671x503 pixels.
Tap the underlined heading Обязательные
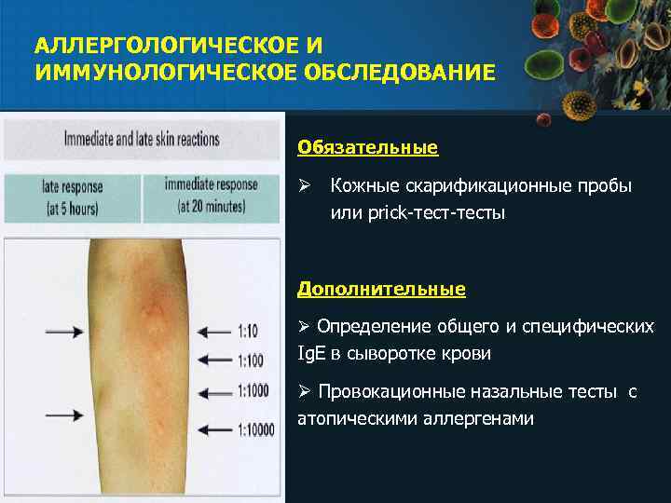coord(367,147)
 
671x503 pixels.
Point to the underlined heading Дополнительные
coord(381,289)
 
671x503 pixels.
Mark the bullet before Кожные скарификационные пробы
coord(304,186)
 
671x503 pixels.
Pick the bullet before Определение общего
coord(304,326)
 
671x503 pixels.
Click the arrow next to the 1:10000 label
coord(219,429)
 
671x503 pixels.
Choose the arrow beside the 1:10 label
coord(219,329)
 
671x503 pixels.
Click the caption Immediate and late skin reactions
coord(142,141)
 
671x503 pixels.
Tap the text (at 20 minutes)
coord(211,206)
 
